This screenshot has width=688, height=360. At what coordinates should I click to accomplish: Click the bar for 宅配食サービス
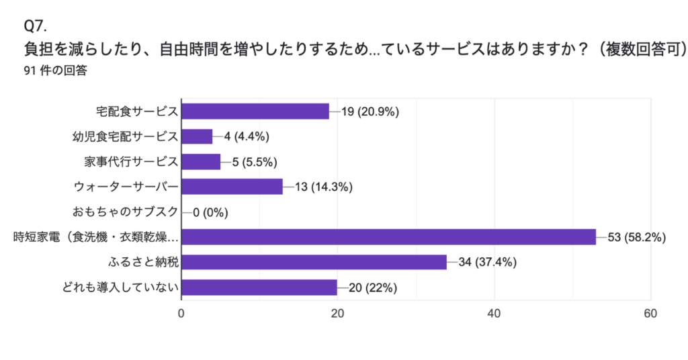click(x=255, y=111)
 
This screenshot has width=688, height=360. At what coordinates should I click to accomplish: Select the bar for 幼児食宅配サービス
click(x=197, y=136)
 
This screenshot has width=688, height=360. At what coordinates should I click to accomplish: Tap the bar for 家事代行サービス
click(x=201, y=162)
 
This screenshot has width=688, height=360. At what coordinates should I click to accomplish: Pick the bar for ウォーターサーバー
click(x=232, y=187)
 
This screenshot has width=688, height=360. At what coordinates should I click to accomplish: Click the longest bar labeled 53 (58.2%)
click(x=388, y=237)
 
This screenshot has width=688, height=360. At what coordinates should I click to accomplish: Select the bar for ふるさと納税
click(x=314, y=262)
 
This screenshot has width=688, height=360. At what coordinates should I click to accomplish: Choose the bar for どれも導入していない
click(x=259, y=287)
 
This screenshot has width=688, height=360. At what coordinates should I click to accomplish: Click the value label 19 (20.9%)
click(x=370, y=111)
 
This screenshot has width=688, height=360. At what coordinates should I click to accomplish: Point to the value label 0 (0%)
click(x=210, y=212)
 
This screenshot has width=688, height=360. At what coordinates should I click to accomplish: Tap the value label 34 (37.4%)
click(x=487, y=262)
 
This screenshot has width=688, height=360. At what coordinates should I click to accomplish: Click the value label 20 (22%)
click(x=373, y=287)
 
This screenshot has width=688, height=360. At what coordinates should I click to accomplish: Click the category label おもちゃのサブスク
click(x=125, y=212)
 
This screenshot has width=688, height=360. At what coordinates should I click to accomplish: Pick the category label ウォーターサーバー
click(x=126, y=187)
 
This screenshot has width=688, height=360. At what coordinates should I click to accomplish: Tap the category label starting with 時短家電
click(x=97, y=237)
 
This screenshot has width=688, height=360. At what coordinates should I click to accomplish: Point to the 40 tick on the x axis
click(x=494, y=314)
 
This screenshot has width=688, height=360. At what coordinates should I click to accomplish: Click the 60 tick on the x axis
click(x=650, y=314)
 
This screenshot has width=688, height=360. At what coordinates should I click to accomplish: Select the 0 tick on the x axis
click(x=181, y=314)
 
